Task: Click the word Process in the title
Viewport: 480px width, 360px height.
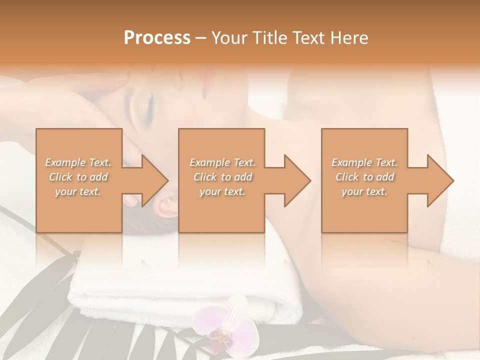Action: pos(157,38)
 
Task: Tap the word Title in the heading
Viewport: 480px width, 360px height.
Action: pos(266,38)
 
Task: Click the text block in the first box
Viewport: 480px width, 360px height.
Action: pos(78,177)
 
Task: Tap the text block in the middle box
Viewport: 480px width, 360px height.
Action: pos(222,177)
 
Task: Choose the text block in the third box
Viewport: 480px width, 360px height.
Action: pos(364,177)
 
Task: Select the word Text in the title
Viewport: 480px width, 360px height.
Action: pos(309,38)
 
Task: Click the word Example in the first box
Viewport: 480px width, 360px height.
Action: pos(65,162)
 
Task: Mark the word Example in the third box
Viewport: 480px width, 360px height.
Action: pos(351,162)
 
